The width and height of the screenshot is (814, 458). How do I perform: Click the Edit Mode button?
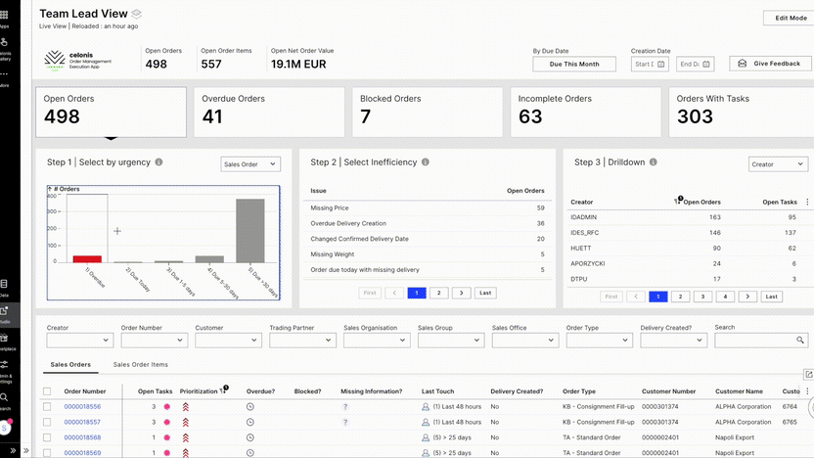pos(791,18)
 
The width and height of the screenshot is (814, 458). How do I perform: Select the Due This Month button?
pos(574,64)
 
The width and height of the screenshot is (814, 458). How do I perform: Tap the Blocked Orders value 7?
pos(366,117)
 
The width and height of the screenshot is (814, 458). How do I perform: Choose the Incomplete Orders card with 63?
pos(584,113)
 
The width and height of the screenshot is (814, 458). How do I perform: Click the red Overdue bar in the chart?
pos(87,258)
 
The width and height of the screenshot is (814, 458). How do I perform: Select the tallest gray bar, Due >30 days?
pos(250,231)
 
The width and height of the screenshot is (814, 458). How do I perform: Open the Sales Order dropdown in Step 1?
pos(250,163)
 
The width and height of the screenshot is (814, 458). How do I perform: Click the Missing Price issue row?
pos(331,208)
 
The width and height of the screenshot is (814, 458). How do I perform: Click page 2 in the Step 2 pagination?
pos(439,293)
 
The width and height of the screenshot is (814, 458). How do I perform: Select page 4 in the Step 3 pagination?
pos(726,297)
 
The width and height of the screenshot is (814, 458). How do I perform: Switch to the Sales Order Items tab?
pos(141,365)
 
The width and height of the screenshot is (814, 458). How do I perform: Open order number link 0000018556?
pos(82,406)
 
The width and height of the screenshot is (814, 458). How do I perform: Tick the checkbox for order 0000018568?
pos(47,437)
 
